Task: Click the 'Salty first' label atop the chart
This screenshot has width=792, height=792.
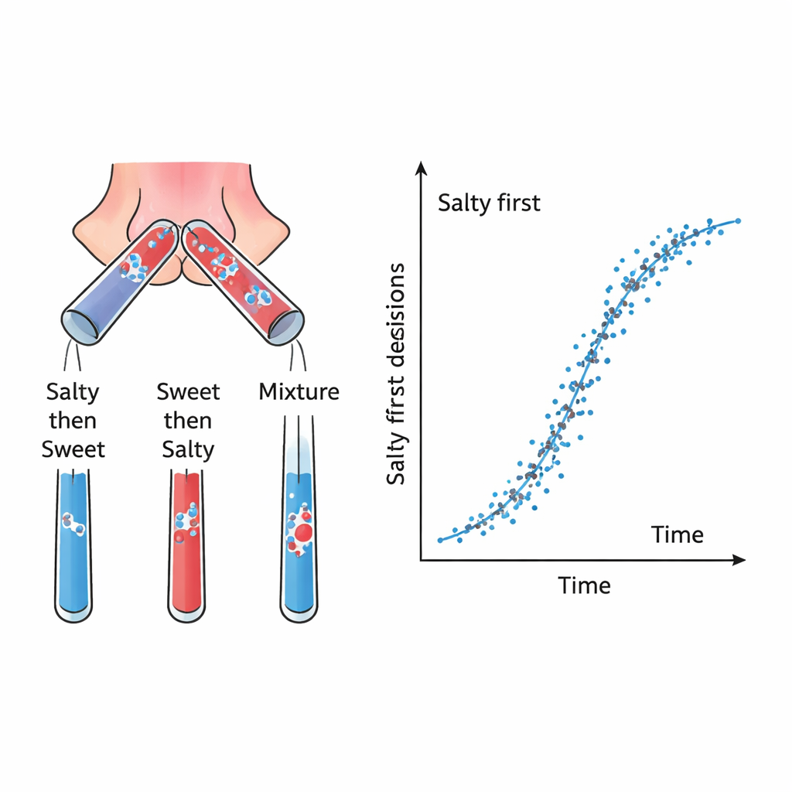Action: (x=489, y=203)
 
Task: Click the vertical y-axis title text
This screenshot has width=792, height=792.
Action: (x=396, y=374)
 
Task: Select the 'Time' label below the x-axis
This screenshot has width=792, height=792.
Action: (x=584, y=585)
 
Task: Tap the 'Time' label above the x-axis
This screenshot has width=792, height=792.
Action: (x=677, y=534)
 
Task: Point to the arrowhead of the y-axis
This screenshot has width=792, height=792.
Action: (x=421, y=166)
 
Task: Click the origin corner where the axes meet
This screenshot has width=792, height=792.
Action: (x=421, y=558)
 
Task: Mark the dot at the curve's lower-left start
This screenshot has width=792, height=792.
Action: (x=440, y=540)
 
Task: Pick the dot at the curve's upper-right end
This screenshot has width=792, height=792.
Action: (x=738, y=220)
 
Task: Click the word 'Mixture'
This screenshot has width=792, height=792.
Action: (x=299, y=391)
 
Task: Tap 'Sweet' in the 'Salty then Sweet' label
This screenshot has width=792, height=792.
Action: (x=73, y=449)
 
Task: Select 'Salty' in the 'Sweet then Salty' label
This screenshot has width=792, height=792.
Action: (x=188, y=449)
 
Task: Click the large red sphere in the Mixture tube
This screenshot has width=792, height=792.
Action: (x=303, y=532)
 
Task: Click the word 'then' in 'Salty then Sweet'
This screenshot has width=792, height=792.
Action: (x=73, y=421)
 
